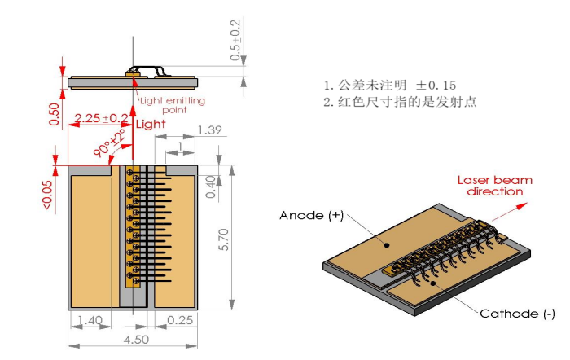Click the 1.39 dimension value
pyautogui.click(x=210, y=130)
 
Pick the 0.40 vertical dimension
pyautogui.click(x=212, y=187)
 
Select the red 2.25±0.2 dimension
pyautogui.click(x=101, y=118)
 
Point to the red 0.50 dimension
pyautogui.click(x=54, y=113)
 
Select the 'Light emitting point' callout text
pyautogui.click(x=173, y=105)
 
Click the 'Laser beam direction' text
pyautogui.click(x=489, y=186)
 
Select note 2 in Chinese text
pyautogui.click(x=400, y=102)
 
